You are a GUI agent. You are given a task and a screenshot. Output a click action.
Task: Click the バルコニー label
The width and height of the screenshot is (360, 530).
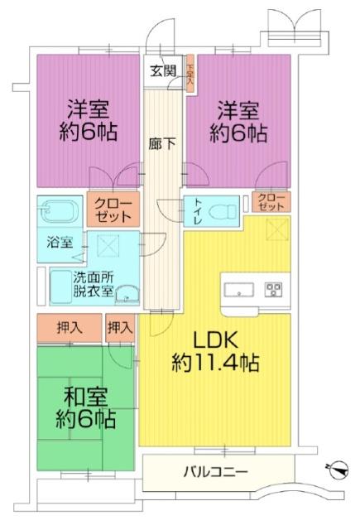pyautogui.click(x=214, y=473)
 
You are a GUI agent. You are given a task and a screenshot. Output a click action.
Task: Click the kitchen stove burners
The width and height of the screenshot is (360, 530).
pyautogui.click(x=274, y=289)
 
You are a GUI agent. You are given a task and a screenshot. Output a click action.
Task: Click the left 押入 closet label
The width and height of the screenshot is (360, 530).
pyautogui.click(x=70, y=328)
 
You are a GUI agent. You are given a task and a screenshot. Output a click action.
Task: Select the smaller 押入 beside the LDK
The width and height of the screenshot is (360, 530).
pyautogui.click(x=120, y=328)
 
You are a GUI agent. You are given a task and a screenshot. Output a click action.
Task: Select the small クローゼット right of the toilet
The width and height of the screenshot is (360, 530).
pyautogui.click(x=272, y=201)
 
